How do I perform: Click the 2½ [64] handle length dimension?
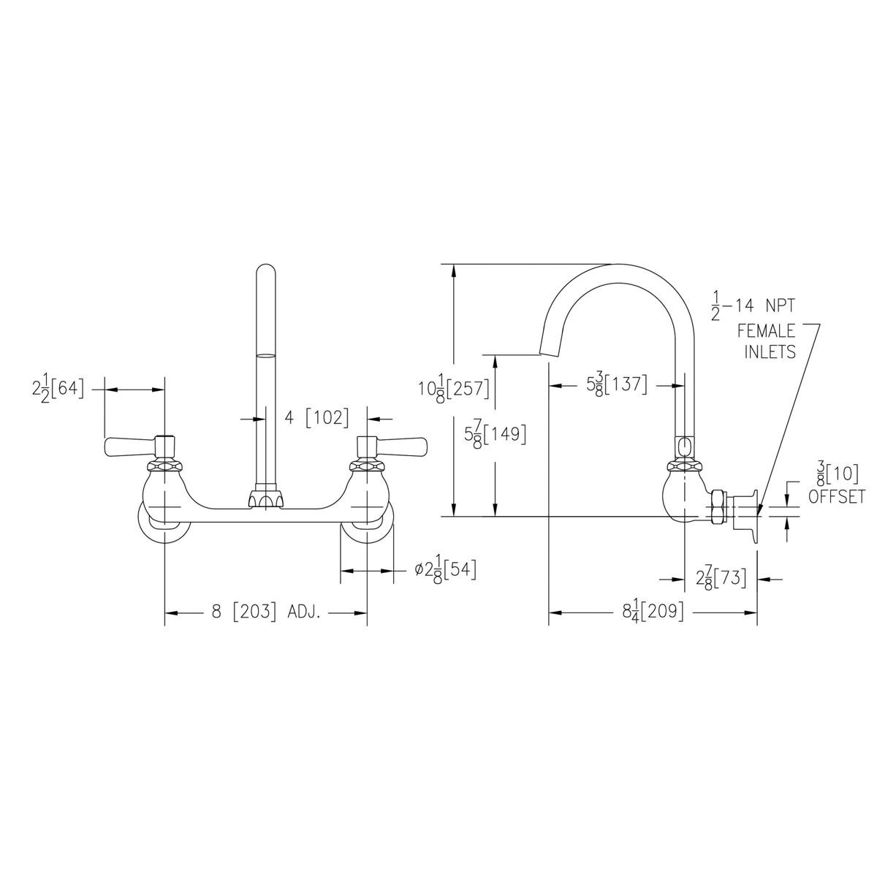[x=58, y=390]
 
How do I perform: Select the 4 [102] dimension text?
[x=316, y=418]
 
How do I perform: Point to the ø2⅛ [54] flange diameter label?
[x=445, y=569]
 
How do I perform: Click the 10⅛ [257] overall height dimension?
[x=453, y=387]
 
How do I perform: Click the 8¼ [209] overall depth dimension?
[x=653, y=612]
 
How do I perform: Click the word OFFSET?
[x=837, y=497]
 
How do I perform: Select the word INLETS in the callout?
[x=770, y=352]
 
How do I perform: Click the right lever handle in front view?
[x=400, y=444]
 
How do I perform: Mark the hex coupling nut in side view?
[x=718, y=506]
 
